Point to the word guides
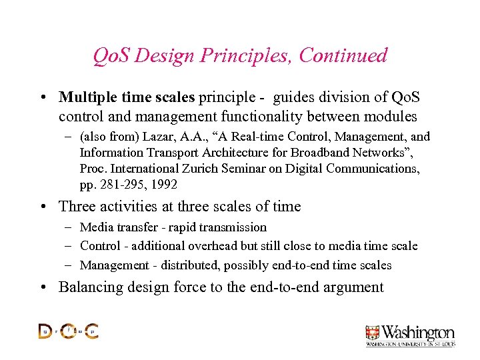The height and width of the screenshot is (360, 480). (x=301, y=97)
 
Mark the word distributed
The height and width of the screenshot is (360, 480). (x=186, y=265)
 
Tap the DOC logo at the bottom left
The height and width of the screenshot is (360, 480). (x=68, y=331)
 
